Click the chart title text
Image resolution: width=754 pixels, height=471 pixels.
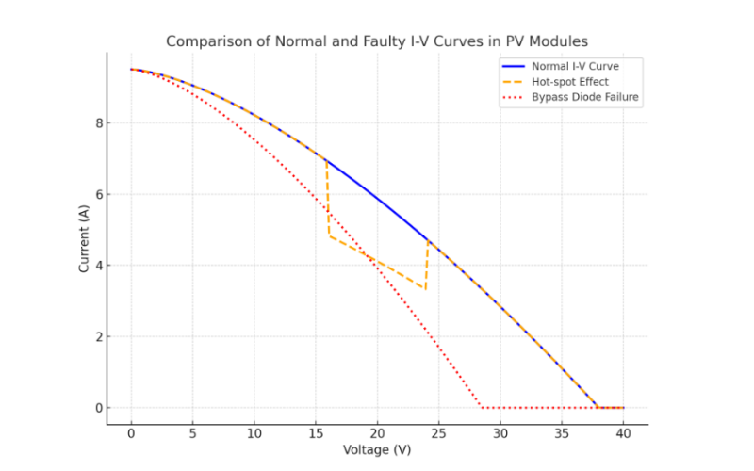click(377, 41)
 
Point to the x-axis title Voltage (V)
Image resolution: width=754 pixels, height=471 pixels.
click(377, 450)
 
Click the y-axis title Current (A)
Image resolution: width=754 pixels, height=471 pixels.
click(84, 237)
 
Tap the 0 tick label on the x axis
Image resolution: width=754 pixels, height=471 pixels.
click(131, 433)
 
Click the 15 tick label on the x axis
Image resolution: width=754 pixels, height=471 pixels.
click(316, 433)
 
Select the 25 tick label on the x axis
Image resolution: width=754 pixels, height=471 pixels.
click(439, 433)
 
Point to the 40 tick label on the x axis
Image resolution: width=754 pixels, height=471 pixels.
click(624, 433)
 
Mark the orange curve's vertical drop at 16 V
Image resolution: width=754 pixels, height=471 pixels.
click(328, 198)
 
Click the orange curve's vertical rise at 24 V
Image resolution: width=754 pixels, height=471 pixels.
click(428, 265)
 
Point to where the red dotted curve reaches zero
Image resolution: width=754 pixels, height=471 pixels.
click(482, 408)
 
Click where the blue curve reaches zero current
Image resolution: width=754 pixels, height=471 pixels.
click(598, 407)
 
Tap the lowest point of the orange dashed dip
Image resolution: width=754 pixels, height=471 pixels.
click(426, 289)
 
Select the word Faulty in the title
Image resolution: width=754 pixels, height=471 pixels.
click(346, 41)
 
